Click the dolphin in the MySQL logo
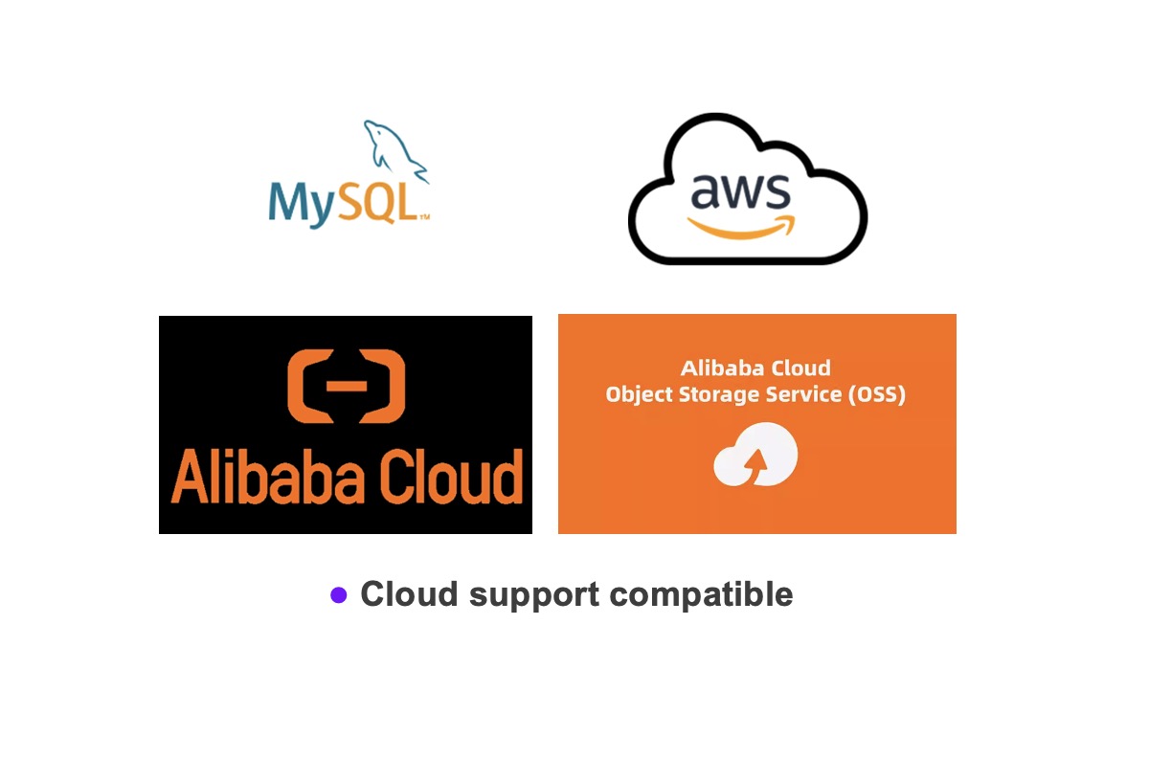click(x=393, y=148)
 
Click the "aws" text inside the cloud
click(x=740, y=191)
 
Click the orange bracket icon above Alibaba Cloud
click(x=347, y=387)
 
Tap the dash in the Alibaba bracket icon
click(x=347, y=387)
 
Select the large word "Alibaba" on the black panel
click(x=267, y=477)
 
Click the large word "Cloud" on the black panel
click(x=451, y=477)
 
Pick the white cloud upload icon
click(x=755, y=455)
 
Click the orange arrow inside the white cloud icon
click(x=756, y=465)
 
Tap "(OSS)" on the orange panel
click(x=877, y=394)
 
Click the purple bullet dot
click(x=339, y=595)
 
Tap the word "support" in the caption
click(x=534, y=596)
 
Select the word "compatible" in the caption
click(x=701, y=595)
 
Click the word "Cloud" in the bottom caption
click(x=409, y=594)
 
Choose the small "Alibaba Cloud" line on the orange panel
click(x=755, y=368)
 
